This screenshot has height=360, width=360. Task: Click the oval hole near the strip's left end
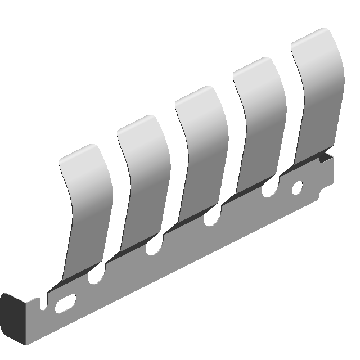click(x=66, y=303)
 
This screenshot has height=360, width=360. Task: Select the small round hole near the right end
click(x=298, y=187)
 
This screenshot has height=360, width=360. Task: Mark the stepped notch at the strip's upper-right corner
click(x=325, y=157)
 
